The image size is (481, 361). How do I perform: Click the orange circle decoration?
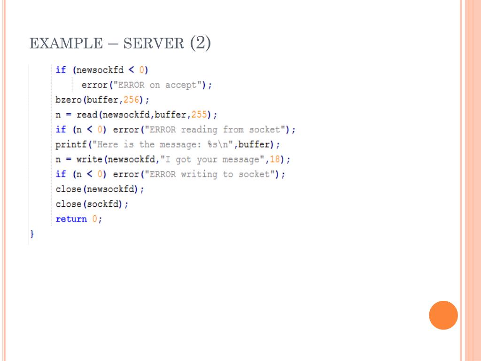pos(443,315)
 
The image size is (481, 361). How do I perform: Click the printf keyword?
pos(71,144)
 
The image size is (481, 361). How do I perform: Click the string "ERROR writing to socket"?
pos(208,174)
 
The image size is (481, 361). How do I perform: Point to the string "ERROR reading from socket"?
pos(213,129)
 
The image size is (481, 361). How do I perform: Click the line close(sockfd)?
pos(92,204)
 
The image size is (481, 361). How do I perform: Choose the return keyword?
pos(71,219)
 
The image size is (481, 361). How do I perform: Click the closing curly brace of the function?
pos(32,234)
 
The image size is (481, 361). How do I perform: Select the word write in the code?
pos(89,159)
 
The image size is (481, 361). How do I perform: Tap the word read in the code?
pos(86,115)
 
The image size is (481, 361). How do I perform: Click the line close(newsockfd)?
pos(100,189)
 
